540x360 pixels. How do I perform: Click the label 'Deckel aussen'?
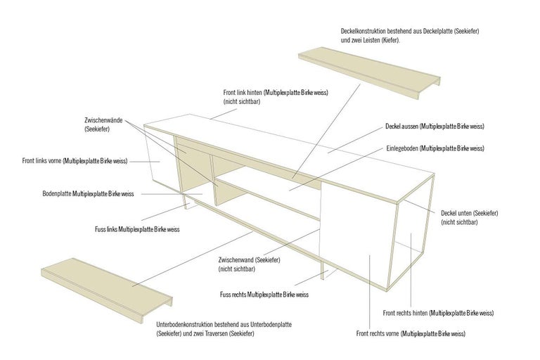pyautogui.click(x=435, y=127)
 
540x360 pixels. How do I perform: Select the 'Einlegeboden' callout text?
pyautogui.click(x=435, y=148)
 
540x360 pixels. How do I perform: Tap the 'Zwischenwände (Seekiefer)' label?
pyautogui.click(x=103, y=124)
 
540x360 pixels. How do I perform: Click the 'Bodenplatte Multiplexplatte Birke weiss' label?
pyautogui.click(x=89, y=193)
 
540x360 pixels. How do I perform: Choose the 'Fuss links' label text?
pyautogui.click(x=137, y=229)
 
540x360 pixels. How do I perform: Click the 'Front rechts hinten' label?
pyautogui.click(x=437, y=312)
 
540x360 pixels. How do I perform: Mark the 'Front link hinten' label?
pyautogui.click(x=276, y=97)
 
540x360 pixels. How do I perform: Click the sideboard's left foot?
pyautogui.click(x=184, y=202)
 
